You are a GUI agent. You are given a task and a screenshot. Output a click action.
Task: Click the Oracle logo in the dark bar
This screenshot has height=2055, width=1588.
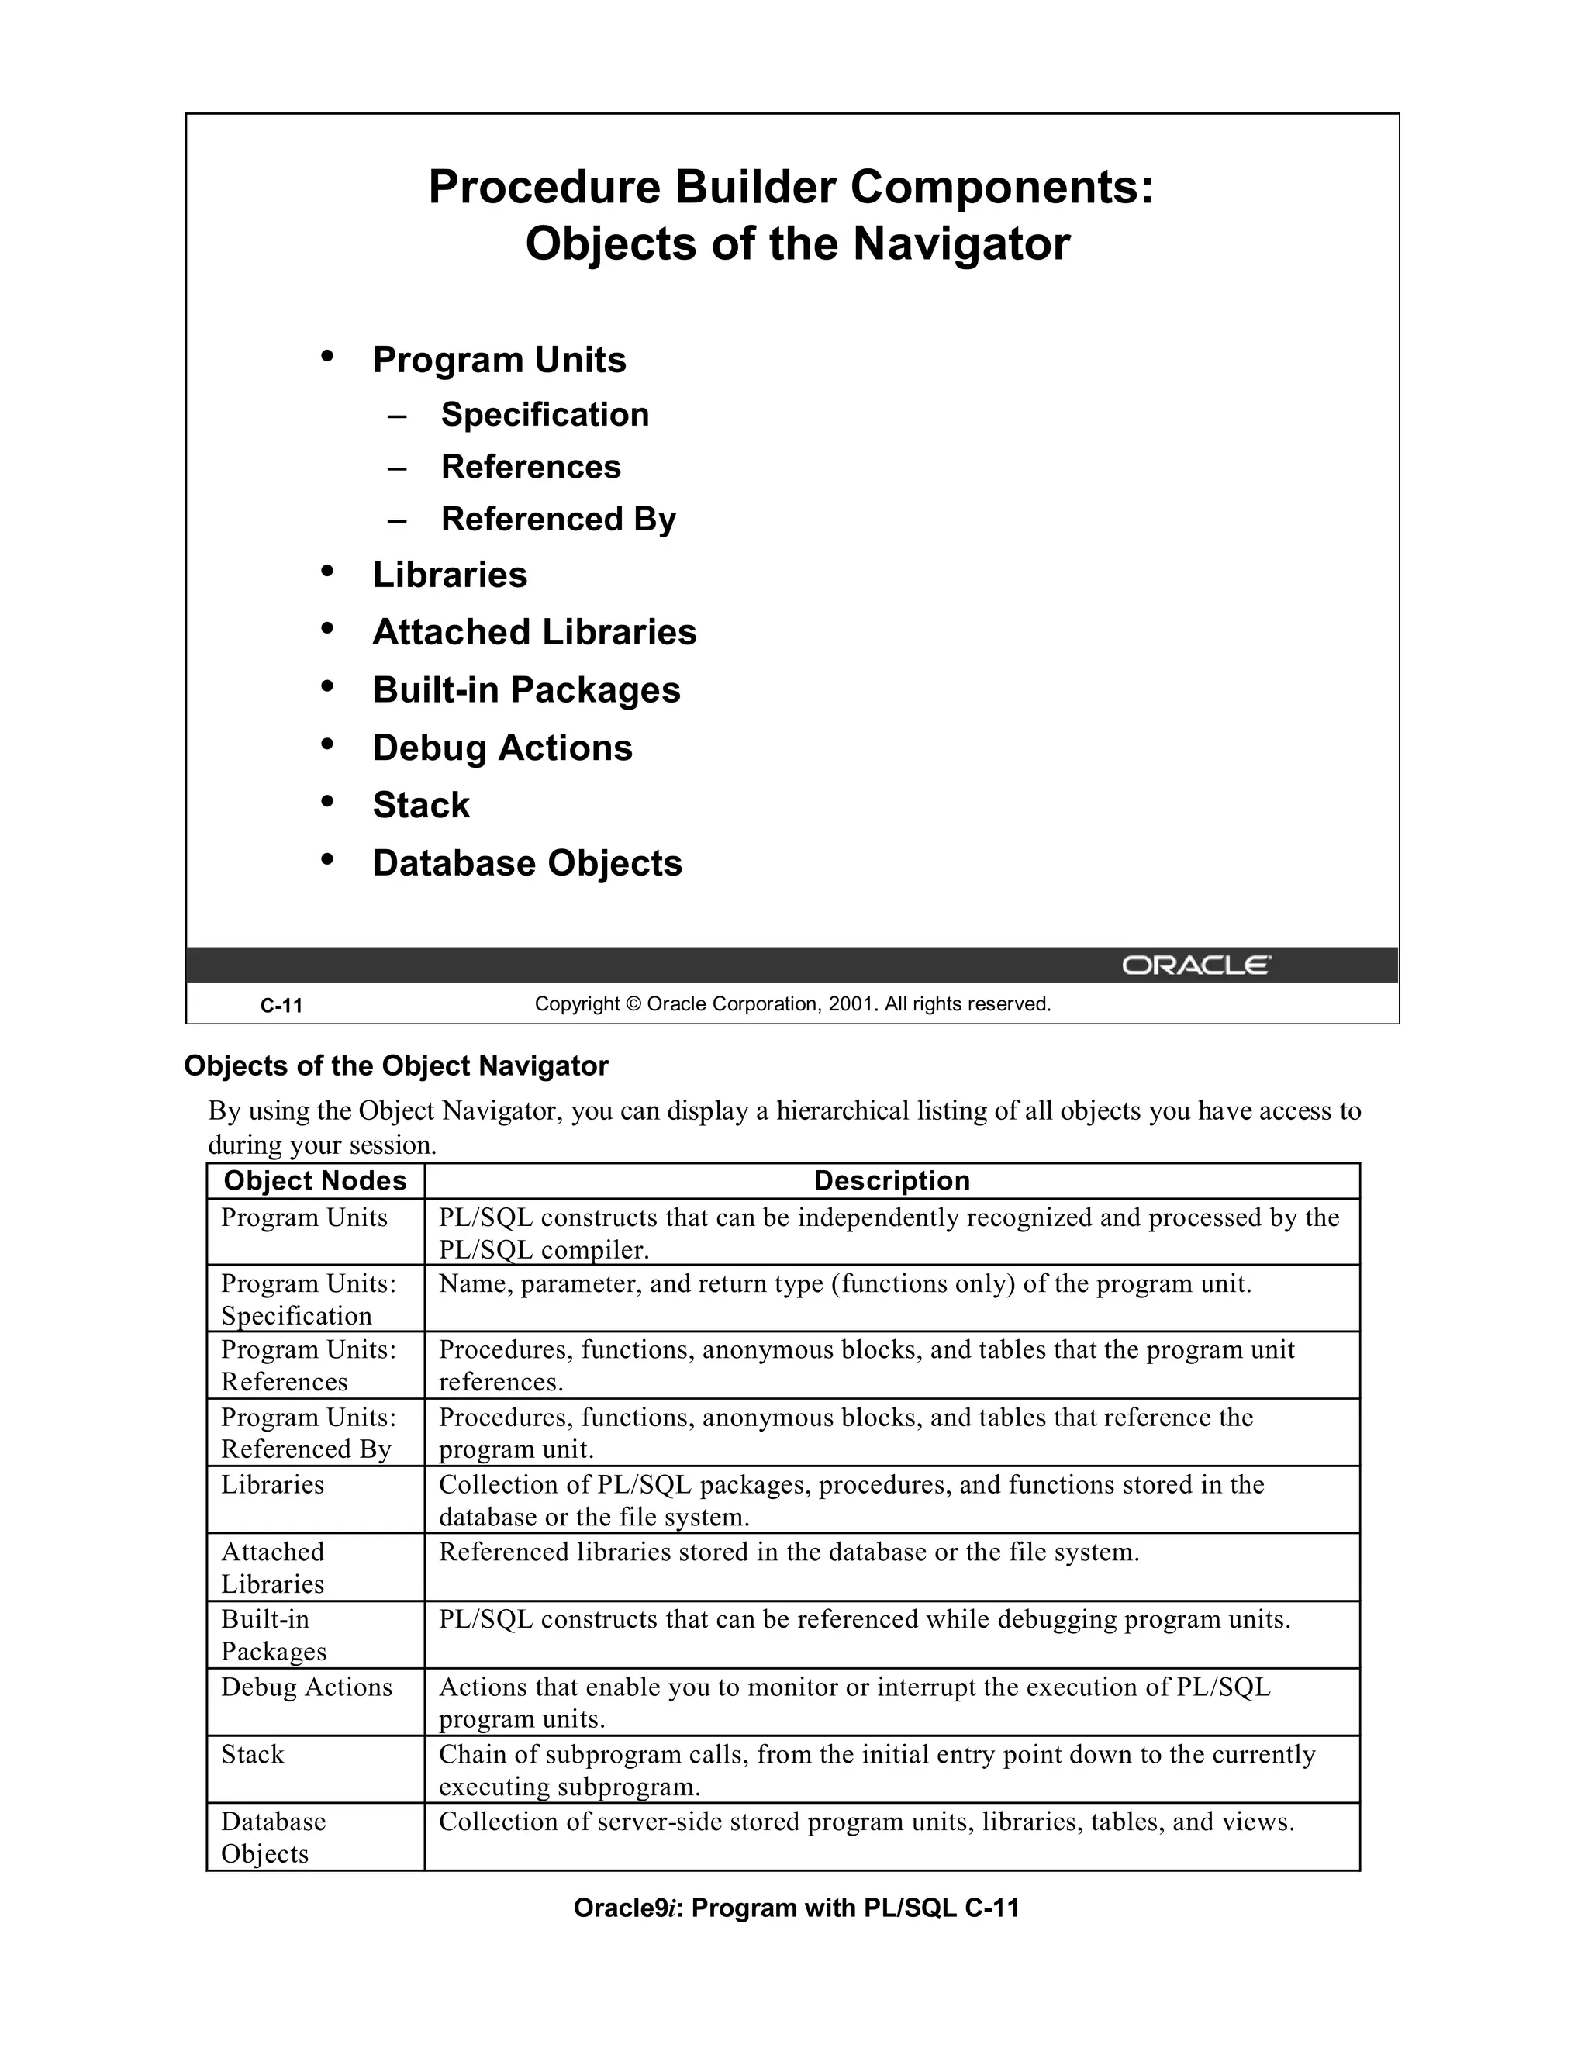tap(1196, 965)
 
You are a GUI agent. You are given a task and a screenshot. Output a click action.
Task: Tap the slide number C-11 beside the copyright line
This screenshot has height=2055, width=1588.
tap(281, 1006)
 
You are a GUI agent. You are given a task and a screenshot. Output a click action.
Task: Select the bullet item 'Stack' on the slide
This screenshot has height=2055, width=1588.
tap(420, 806)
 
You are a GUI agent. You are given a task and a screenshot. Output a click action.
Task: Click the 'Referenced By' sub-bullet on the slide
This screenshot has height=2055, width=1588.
tap(558, 520)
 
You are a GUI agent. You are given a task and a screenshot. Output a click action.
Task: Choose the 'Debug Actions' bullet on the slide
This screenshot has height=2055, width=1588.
tap(502, 748)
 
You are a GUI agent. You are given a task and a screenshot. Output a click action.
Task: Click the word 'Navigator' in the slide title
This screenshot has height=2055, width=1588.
tap(961, 243)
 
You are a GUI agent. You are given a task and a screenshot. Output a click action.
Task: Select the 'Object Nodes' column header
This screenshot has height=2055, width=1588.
tap(315, 1181)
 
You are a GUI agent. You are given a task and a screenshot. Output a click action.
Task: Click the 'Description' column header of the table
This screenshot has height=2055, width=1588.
tap(891, 1181)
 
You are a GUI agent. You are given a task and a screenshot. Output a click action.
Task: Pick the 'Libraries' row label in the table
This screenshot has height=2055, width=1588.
tap(273, 1485)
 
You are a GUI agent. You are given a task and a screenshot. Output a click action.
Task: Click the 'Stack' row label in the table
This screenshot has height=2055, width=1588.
tap(252, 1754)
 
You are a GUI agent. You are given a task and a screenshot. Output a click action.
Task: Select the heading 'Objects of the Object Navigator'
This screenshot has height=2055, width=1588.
tap(396, 1066)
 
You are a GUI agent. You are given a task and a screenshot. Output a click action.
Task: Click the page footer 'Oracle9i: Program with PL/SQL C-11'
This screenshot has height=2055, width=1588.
tap(796, 1908)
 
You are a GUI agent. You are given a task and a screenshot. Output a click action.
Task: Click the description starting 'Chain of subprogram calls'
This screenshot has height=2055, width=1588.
tap(876, 1770)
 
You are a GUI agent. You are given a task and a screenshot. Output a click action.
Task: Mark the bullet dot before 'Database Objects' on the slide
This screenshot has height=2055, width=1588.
tap(327, 859)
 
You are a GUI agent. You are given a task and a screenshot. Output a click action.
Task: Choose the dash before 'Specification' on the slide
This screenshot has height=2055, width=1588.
tap(396, 416)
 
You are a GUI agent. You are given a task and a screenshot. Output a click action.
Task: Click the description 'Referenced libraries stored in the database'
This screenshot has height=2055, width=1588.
tap(789, 1552)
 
